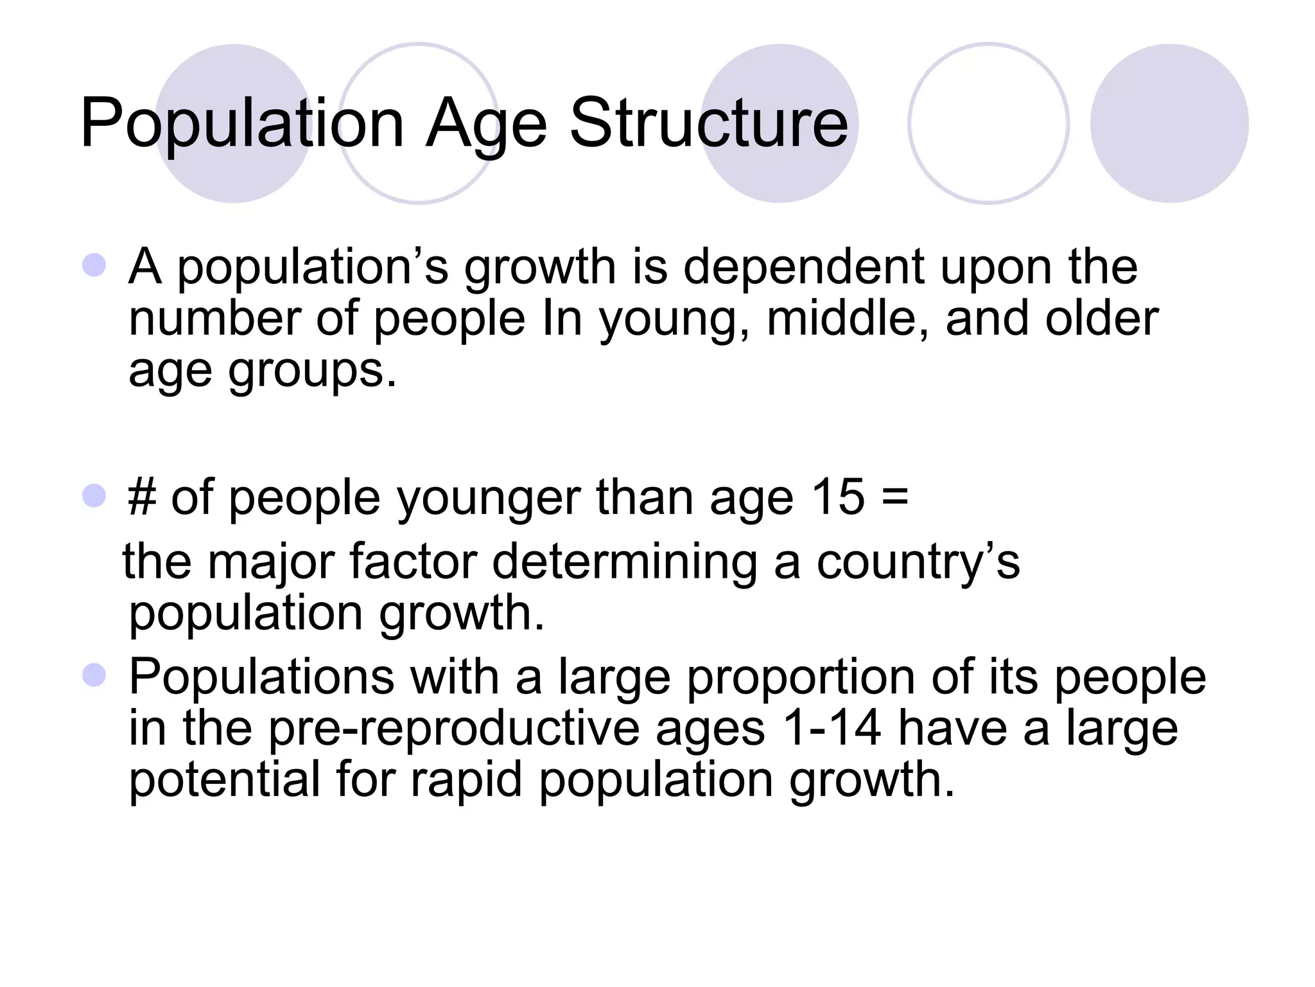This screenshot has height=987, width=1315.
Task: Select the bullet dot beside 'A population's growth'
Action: [94, 265]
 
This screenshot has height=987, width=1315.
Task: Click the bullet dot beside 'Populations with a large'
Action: [94, 675]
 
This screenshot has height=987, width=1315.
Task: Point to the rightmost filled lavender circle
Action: [1169, 123]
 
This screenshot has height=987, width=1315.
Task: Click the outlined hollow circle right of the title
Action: [988, 123]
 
